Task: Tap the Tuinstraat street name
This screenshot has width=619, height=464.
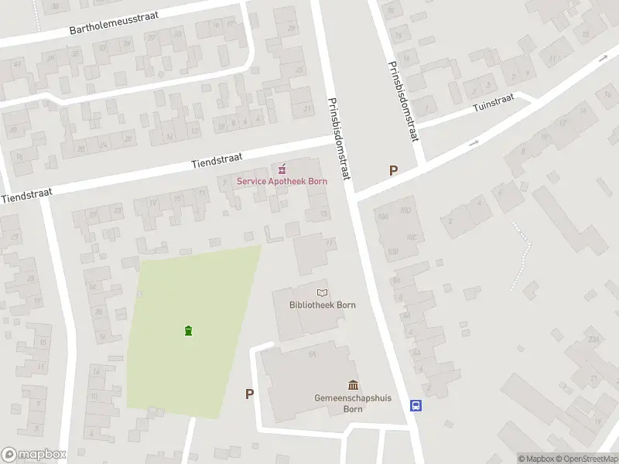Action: point(494,110)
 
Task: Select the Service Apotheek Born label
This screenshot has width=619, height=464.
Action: point(282,181)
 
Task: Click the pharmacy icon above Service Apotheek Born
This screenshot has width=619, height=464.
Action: point(281,168)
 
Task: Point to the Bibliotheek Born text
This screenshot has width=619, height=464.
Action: point(322,305)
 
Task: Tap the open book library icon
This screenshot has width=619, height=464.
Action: point(322,292)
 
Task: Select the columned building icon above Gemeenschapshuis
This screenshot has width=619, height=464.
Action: point(353,385)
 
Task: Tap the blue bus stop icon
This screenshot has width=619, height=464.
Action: point(416,405)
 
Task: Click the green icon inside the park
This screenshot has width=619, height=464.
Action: point(188,331)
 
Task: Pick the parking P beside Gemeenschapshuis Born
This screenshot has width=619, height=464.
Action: point(249,394)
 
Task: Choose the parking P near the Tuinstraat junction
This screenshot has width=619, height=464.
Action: point(393,171)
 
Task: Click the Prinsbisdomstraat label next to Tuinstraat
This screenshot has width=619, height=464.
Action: point(404,101)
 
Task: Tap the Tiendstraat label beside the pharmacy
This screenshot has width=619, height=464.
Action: point(213,161)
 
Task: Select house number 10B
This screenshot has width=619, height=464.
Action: point(393,251)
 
